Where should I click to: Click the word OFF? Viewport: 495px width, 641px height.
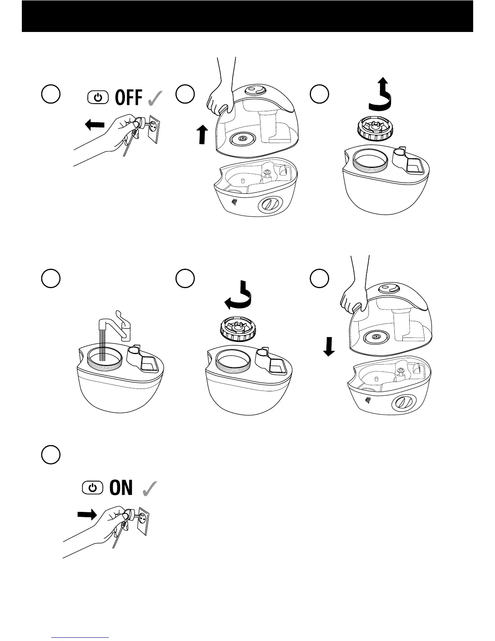point(129,98)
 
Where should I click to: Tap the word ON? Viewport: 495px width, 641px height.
point(121,488)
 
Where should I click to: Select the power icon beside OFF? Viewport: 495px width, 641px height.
point(97,98)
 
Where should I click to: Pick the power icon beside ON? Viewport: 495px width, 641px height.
point(93,488)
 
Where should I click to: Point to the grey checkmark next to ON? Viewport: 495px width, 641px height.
point(150,488)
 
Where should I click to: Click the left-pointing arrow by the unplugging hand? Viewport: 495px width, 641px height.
point(95,125)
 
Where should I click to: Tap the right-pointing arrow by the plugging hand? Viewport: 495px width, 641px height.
point(87,515)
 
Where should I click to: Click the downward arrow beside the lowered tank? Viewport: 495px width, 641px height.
point(330,346)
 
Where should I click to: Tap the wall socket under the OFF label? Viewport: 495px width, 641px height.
point(154,129)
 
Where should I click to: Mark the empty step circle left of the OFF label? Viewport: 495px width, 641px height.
point(51,94)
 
